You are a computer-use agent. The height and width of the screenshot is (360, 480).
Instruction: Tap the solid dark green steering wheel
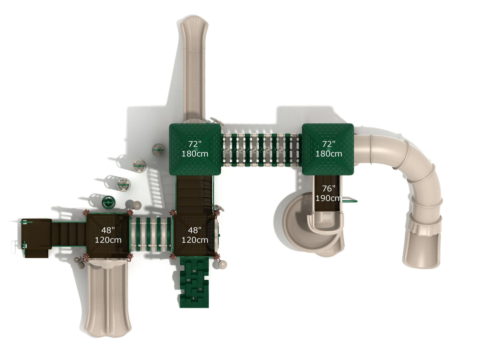(109, 202)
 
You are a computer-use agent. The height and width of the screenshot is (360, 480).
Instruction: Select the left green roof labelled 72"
(195, 149)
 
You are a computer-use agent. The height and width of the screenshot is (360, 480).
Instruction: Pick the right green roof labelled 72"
(328, 149)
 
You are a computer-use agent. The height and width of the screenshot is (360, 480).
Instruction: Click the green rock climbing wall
(194, 282)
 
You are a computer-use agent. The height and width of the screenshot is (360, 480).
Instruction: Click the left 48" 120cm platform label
(108, 235)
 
